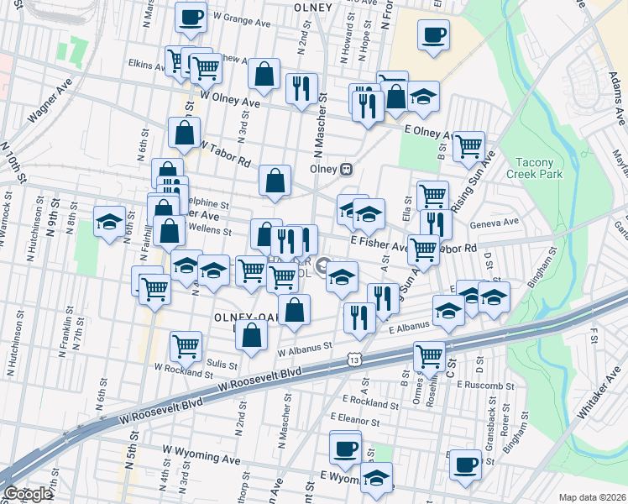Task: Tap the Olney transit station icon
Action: click(345, 168)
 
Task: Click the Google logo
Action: click(27, 494)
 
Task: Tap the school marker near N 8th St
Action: click(109, 221)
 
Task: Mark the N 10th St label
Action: click(18, 168)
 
